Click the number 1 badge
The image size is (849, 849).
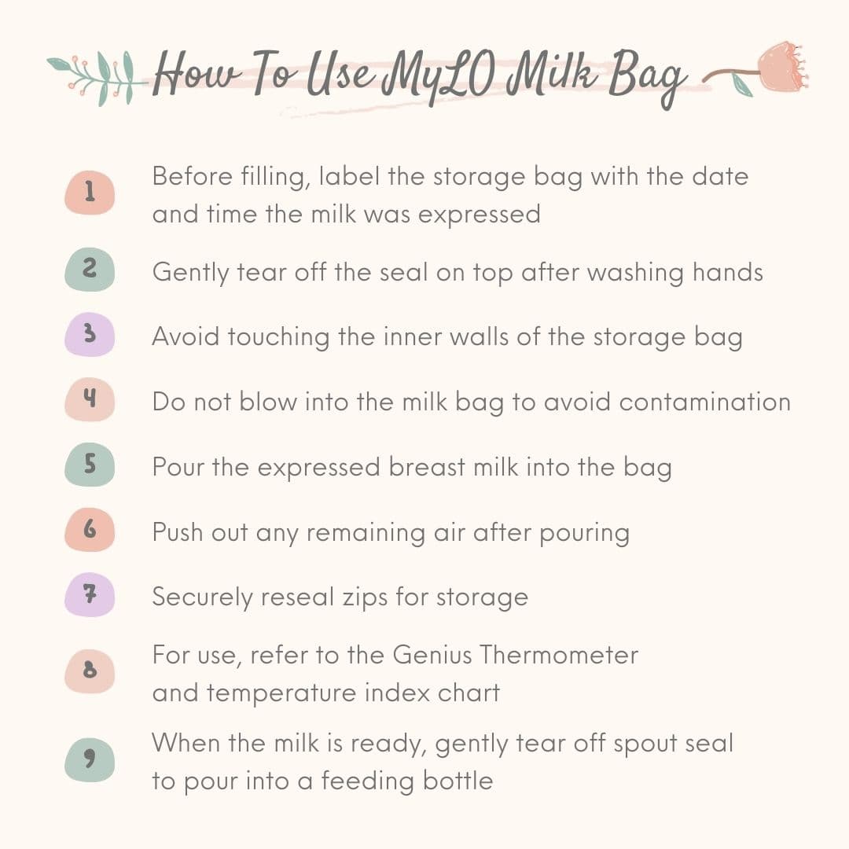(90, 193)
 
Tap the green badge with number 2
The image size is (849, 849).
(90, 269)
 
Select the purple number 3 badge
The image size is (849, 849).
(90, 334)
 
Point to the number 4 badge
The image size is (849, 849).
(90, 399)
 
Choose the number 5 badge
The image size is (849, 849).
(90, 465)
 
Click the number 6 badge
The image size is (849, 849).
(90, 530)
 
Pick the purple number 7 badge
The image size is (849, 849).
(90, 594)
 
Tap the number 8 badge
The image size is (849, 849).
(90, 671)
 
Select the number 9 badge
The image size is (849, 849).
(90, 759)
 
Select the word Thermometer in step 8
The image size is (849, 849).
(559, 655)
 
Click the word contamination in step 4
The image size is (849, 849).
(704, 402)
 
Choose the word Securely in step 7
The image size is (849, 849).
(203, 598)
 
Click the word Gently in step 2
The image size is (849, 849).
(190, 273)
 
